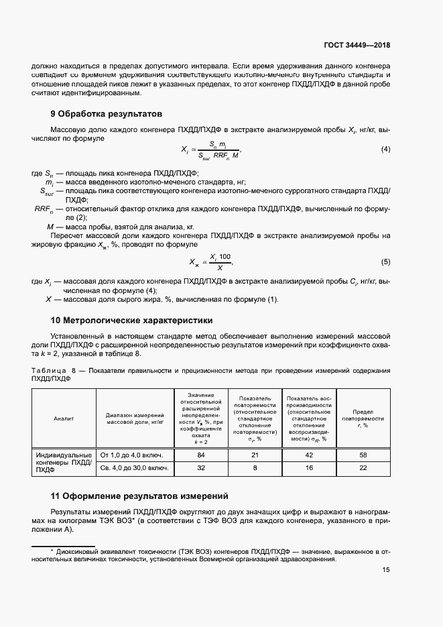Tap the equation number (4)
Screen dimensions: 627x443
tap(385, 149)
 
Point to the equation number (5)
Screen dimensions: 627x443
tap(385, 262)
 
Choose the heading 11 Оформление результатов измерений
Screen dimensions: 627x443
tap(139, 496)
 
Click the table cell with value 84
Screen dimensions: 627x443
tap(200, 455)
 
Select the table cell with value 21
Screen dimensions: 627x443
tap(255, 455)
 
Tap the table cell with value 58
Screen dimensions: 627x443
tap(363, 455)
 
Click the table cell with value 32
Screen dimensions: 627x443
tap(200, 468)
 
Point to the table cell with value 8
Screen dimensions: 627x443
tap(255, 468)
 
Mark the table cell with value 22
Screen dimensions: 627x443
tap(363, 468)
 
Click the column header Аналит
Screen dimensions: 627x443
tap(64, 418)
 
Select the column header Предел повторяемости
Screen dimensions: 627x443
tap(363, 418)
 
